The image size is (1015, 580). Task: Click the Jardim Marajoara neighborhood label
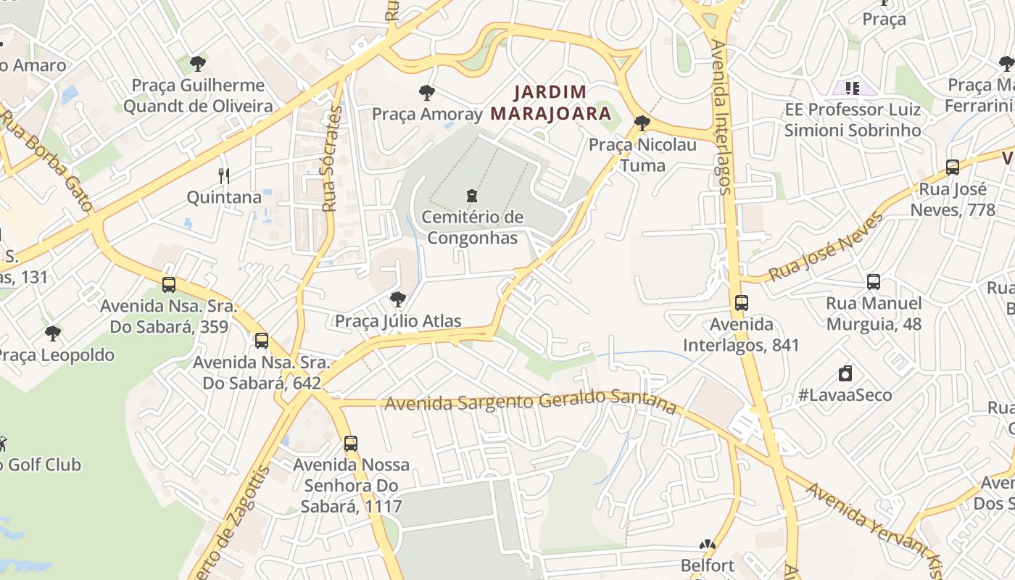click(550, 103)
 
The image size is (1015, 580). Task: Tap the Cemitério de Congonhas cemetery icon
click(472, 196)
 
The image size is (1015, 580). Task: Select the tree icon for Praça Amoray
click(427, 93)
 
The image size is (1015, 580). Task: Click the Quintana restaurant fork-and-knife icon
click(224, 175)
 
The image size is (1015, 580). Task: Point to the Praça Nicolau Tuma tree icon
click(642, 123)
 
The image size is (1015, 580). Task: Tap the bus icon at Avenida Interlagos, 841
click(741, 303)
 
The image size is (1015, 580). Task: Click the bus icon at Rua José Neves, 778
click(953, 167)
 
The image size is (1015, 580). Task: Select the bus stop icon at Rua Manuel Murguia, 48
click(874, 282)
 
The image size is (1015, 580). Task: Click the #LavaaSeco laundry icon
click(845, 374)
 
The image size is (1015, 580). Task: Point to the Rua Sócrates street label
click(332, 159)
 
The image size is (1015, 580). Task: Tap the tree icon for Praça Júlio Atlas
click(397, 299)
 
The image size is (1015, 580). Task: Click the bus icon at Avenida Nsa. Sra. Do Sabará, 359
click(169, 285)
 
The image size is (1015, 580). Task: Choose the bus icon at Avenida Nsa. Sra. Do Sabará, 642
click(262, 341)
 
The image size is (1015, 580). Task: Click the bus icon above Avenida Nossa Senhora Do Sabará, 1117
click(351, 444)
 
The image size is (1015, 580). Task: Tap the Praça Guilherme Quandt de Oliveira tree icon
click(198, 64)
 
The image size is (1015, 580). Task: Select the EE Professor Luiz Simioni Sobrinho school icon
click(853, 88)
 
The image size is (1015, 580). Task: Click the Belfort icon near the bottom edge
click(707, 544)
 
